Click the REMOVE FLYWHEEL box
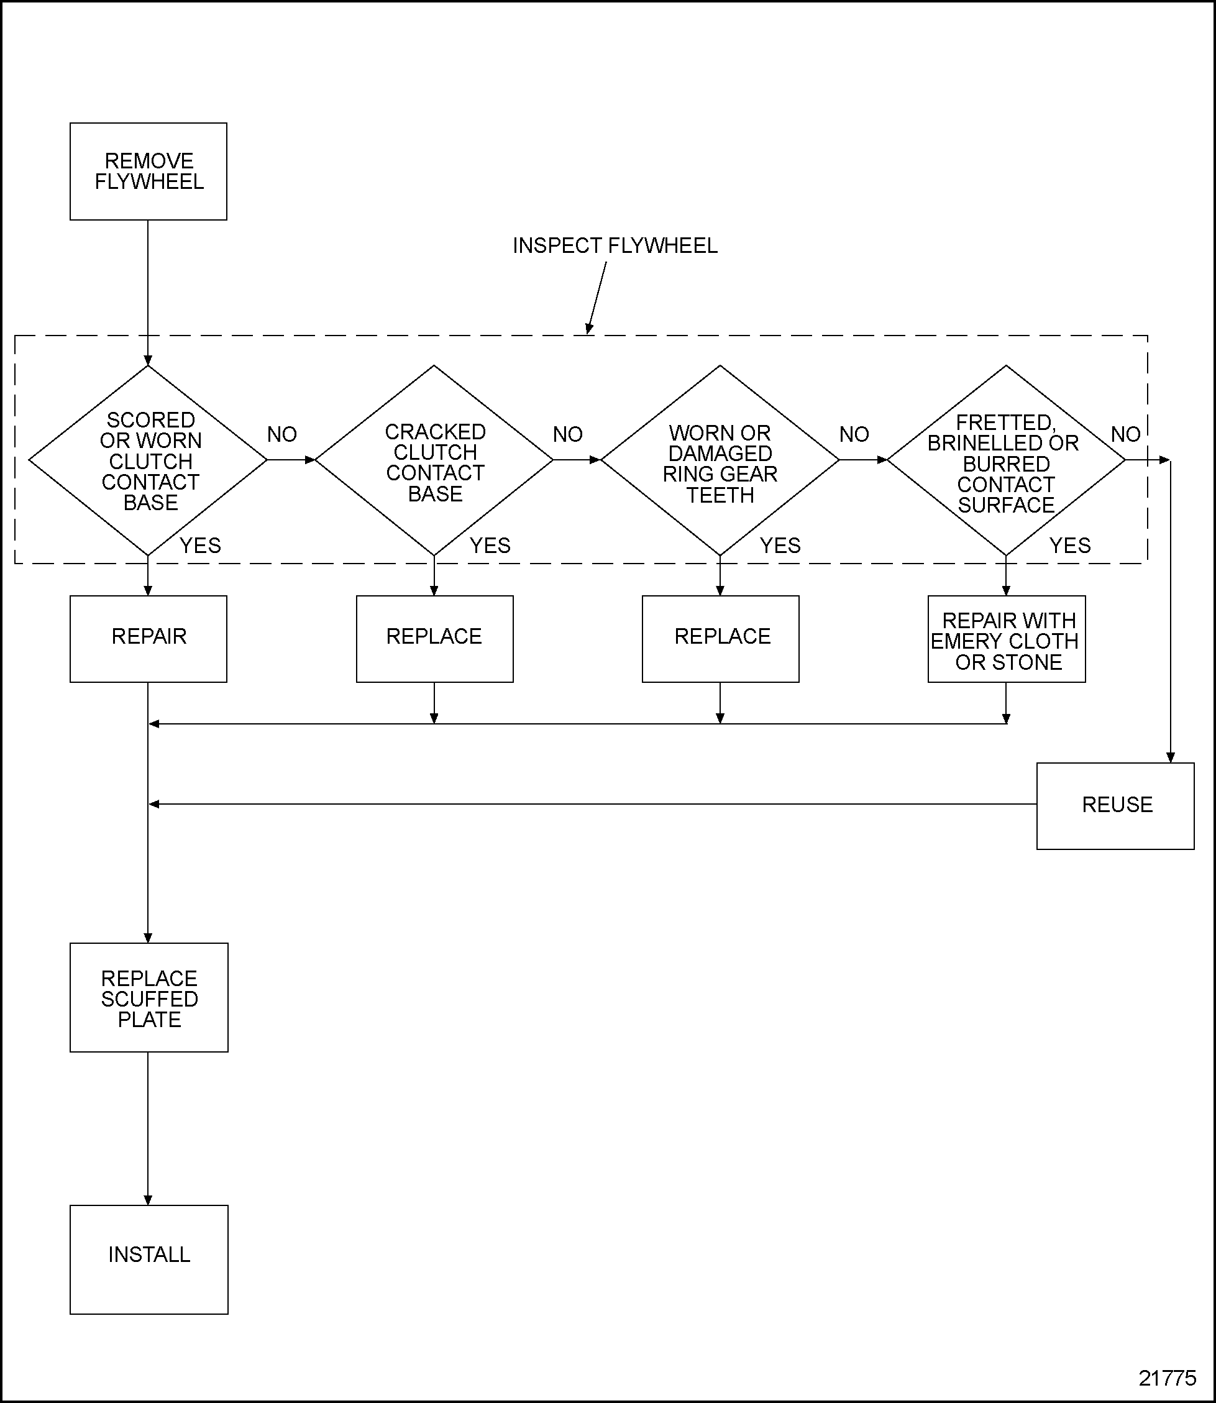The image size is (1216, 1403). point(148,171)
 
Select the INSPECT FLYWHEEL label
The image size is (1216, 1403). point(614,245)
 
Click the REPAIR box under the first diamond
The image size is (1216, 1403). point(148,638)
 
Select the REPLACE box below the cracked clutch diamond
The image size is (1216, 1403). point(434,638)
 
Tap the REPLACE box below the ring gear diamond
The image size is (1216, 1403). point(720,638)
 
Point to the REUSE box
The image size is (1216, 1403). point(1115,805)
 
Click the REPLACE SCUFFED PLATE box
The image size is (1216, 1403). point(149,997)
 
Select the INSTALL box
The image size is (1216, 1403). point(149,1254)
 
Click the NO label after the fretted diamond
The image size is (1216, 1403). point(1125,434)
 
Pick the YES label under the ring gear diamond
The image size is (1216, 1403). point(780,546)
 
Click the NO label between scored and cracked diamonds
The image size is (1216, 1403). point(281,434)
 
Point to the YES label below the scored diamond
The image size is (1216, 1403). point(200,546)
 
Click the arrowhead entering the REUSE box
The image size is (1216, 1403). point(1171,758)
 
